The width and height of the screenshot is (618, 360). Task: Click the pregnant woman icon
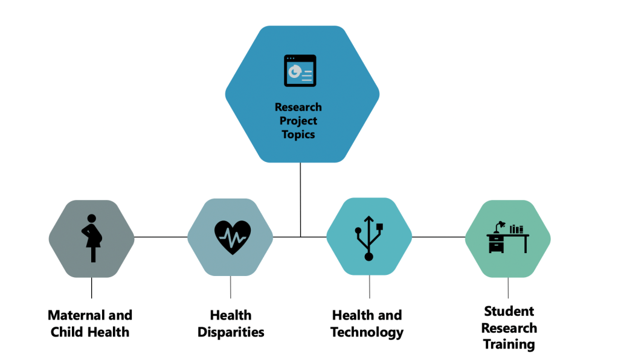92,238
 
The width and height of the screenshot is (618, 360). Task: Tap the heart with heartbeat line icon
233,237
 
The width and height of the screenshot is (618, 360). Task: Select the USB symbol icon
369,238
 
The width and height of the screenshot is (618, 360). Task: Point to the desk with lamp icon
507,238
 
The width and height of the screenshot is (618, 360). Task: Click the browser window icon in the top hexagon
300,71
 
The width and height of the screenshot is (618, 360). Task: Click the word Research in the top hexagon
298,107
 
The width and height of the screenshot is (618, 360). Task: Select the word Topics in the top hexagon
298,134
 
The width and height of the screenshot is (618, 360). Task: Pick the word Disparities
231,332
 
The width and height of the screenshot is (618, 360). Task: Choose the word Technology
367,332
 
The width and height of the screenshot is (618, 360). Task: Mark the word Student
509,312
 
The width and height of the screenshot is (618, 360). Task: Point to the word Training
509,345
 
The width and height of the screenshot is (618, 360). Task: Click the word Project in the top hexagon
298,120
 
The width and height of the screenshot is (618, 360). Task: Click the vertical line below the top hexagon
300,199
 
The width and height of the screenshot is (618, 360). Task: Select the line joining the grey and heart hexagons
161,237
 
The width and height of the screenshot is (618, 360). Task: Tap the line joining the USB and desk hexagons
439,237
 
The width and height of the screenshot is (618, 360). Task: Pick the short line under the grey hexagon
92,288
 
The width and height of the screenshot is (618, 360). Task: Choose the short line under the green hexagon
508,288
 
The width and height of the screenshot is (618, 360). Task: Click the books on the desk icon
517,229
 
